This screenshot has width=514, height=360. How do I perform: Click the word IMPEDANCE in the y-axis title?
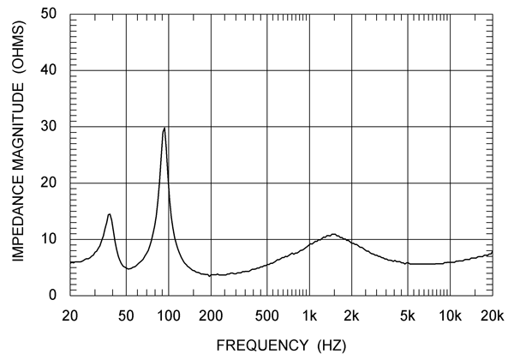[19, 217]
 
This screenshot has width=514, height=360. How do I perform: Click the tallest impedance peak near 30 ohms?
[164, 129]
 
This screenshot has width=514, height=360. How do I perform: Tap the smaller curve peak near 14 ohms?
[110, 214]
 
